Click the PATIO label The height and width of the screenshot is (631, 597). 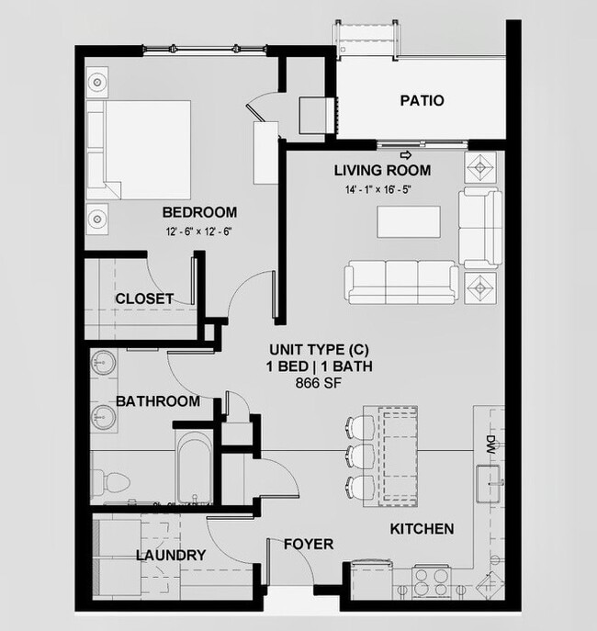click(x=422, y=100)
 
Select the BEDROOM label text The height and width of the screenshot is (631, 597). click(x=199, y=212)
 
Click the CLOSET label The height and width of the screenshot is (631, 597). click(x=144, y=299)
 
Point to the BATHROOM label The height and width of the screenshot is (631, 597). click(x=158, y=401)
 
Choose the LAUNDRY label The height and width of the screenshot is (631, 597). click(x=170, y=555)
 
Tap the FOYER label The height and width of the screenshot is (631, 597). click(x=308, y=544)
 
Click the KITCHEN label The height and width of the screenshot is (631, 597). click(x=422, y=529)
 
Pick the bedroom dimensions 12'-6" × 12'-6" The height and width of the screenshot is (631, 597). click(x=198, y=231)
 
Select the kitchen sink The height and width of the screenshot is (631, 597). click(x=489, y=478)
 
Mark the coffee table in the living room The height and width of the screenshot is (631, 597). click(x=408, y=221)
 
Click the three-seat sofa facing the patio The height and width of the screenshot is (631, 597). click(x=401, y=280)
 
